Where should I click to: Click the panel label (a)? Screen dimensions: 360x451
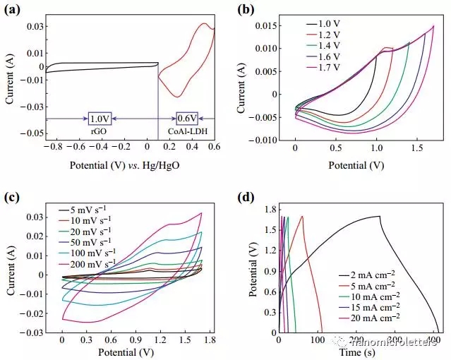tap(12, 10)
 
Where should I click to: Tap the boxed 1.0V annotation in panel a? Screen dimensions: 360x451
tap(100, 119)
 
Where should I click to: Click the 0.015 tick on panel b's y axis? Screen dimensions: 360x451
tap(272, 27)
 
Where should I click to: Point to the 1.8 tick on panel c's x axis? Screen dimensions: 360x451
tap(210, 340)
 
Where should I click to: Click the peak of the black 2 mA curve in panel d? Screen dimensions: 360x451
tap(380, 216)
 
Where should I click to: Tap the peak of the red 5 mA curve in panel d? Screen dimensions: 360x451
tap(302, 216)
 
